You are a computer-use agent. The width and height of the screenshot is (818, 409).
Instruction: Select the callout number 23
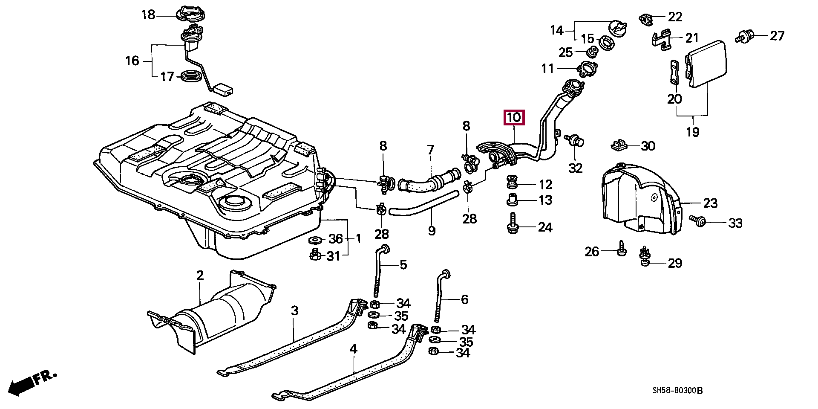710,203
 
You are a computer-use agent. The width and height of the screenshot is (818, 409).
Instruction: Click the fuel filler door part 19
705,64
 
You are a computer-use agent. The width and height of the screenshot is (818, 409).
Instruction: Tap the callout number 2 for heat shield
200,276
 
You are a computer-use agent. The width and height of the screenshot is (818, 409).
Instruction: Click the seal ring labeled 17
190,77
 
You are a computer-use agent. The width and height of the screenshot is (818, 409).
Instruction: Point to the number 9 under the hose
432,231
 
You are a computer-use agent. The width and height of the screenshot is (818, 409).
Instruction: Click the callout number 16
132,61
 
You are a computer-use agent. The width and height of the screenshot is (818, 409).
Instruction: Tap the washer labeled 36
315,239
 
